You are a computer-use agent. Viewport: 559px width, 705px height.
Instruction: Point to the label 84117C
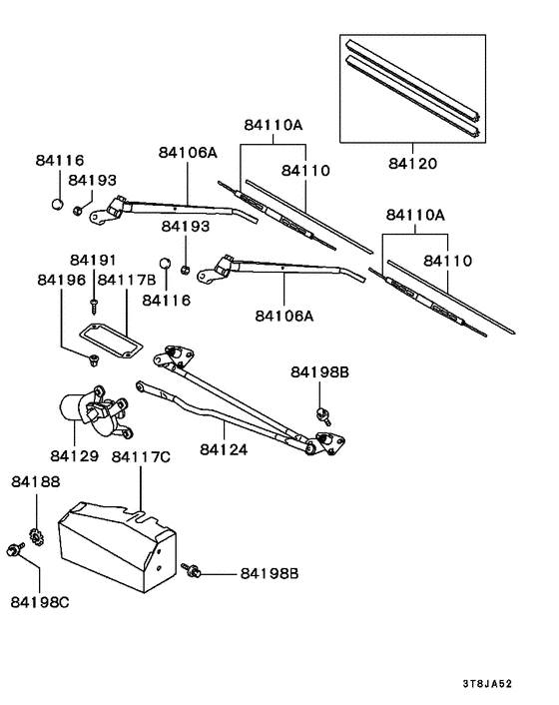point(140,456)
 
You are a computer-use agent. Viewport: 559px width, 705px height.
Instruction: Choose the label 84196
point(61,280)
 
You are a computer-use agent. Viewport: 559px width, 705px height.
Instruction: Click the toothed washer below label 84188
point(35,535)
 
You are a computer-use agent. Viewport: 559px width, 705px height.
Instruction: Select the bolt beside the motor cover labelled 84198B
point(194,571)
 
